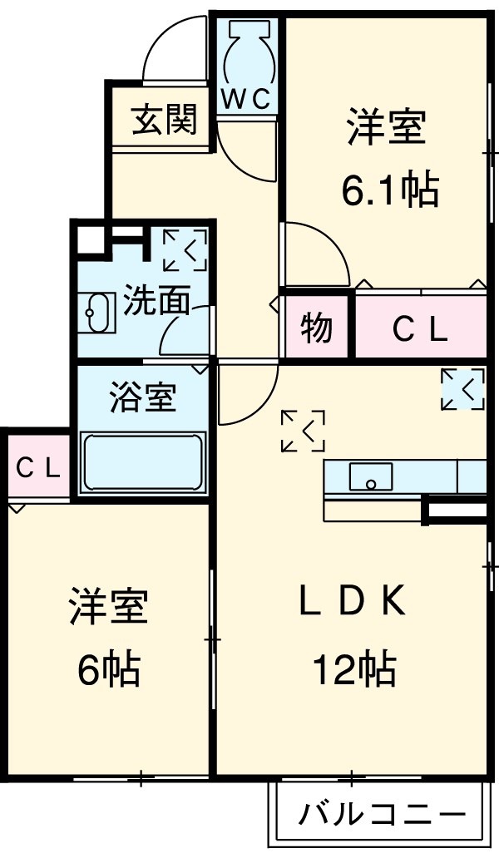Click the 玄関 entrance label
click(x=164, y=121)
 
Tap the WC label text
click(x=246, y=99)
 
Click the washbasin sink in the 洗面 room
click(x=99, y=313)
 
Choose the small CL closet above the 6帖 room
click(x=38, y=468)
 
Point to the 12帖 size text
click(x=353, y=668)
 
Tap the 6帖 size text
click(x=108, y=668)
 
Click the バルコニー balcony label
click(x=381, y=812)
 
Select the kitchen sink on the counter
click(x=371, y=477)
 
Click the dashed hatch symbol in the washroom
click(x=185, y=249)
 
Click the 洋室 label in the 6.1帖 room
click(x=387, y=130)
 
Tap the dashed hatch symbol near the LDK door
click(x=303, y=431)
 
